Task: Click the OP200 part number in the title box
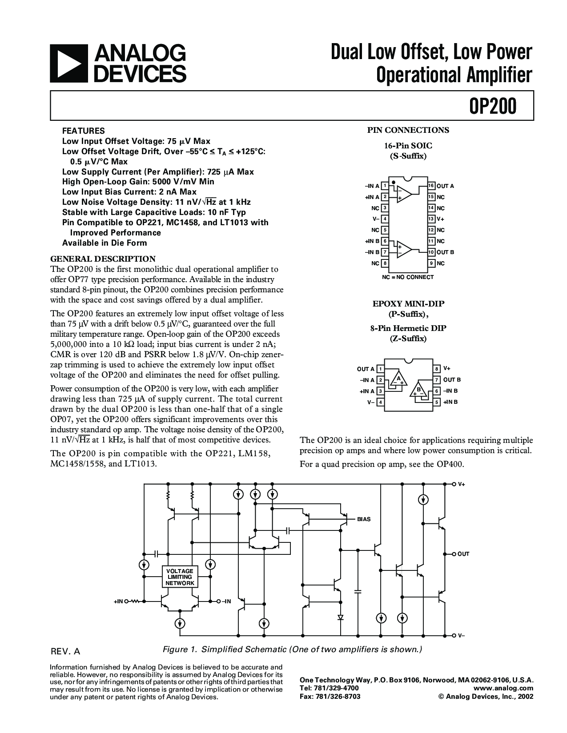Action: [493, 107]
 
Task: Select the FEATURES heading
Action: [84, 131]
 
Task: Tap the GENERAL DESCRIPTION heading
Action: [103, 259]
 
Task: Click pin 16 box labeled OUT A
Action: [431, 186]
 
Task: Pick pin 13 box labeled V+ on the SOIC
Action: [431, 219]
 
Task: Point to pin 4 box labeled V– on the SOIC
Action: [385, 219]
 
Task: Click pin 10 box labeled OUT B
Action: [431, 252]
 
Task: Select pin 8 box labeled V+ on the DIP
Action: [437, 369]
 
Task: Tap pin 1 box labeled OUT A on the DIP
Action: [380, 369]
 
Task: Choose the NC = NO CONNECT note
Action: [407, 277]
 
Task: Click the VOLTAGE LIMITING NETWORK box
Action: [180, 577]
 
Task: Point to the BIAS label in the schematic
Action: [363, 519]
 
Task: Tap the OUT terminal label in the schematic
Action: [463, 554]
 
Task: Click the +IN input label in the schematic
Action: [118, 601]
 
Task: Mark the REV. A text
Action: [65, 652]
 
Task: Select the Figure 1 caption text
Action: [292, 649]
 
